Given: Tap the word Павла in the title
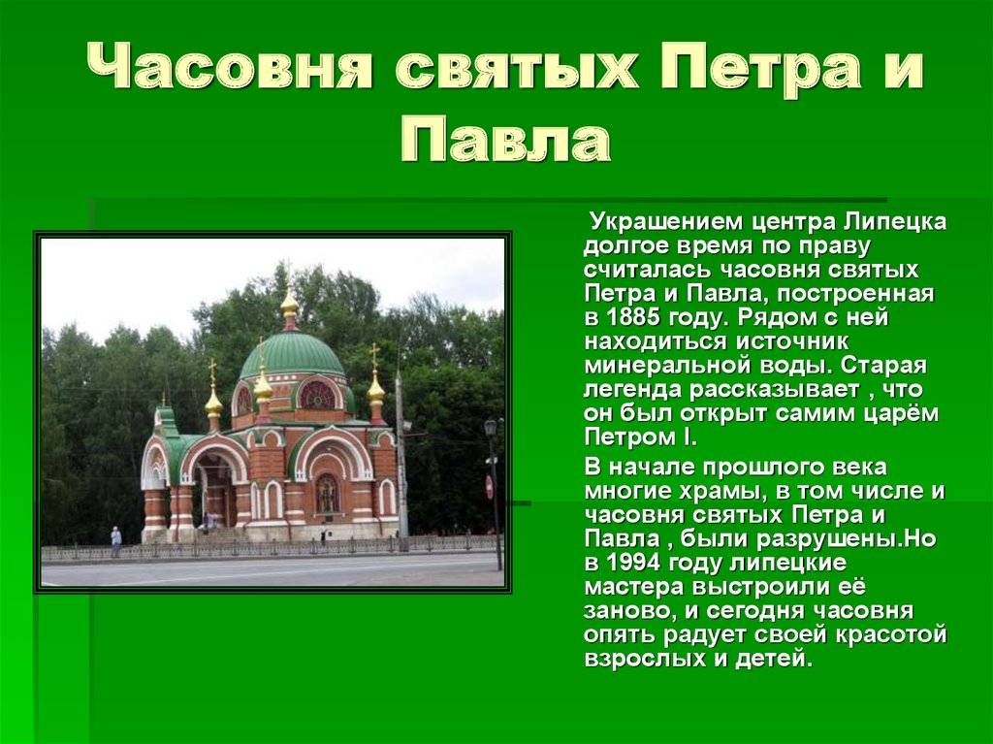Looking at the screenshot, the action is (506, 140).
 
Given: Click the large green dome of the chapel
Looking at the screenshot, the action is (292, 354).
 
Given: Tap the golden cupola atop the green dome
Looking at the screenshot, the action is (289, 305).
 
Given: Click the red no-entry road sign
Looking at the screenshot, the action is (489, 487).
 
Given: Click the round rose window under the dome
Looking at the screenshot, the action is (317, 395).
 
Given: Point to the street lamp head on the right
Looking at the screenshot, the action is (490, 427).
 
